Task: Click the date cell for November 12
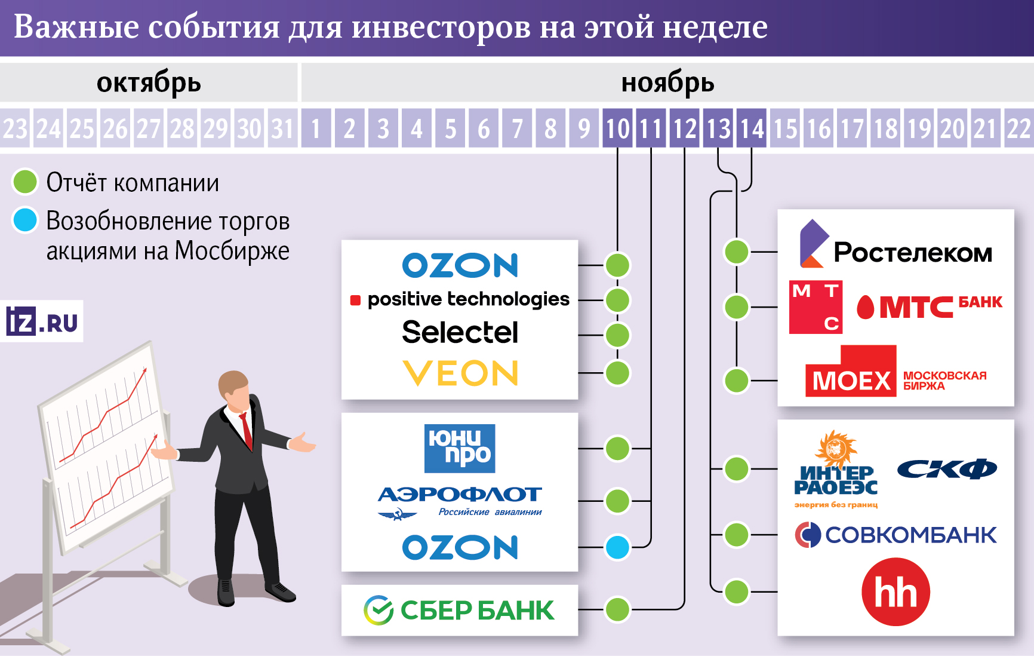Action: [x=685, y=128]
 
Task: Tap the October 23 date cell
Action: [x=16, y=128]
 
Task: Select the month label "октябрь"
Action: [x=149, y=83]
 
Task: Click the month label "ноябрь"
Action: [x=667, y=83]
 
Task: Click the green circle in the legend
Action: [x=25, y=182]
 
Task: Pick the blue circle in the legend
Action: [x=25, y=220]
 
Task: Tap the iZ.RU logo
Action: [x=42, y=321]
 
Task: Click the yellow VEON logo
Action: [x=460, y=373]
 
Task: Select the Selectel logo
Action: [x=460, y=332]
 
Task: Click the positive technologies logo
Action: [x=460, y=299]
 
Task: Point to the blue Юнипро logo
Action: [x=460, y=448]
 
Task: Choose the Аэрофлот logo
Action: [x=460, y=501]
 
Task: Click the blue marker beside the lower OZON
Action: [x=617, y=547]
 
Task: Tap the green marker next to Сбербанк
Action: [x=617, y=609]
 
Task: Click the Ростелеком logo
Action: [x=895, y=246]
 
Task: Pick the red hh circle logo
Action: [x=895, y=592]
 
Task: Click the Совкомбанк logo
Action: [x=895, y=535]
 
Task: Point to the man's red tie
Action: [x=246, y=430]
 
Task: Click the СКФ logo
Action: [x=947, y=469]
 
